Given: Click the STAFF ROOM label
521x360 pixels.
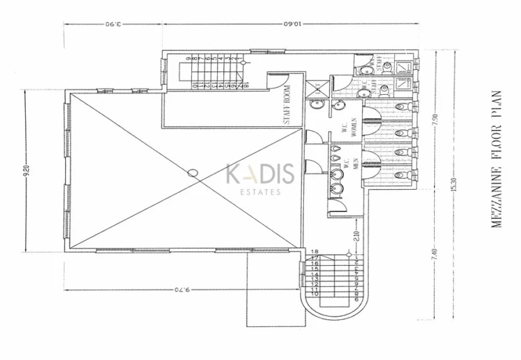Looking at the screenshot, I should (x=288, y=109).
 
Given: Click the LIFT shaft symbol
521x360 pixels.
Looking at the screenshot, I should (x=316, y=88).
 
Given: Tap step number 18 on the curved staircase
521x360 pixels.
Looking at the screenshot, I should (x=315, y=252).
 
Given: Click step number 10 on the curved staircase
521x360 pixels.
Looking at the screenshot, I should (x=315, y=294).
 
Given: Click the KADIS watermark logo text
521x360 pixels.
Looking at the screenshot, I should (x=260, y=174).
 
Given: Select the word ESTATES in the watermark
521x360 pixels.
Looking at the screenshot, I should (x=260, y=193).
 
